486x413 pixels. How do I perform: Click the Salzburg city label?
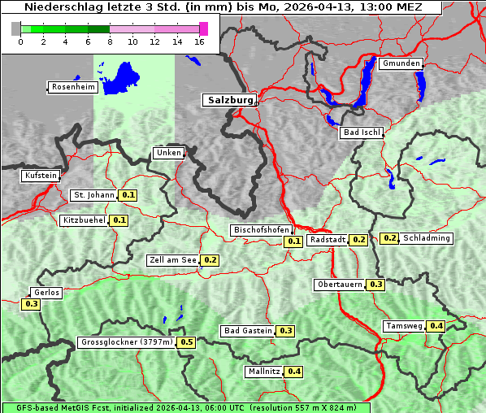tap(228, 100)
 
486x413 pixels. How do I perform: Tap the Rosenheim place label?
tap(71, 87)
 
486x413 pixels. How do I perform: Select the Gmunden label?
tap(401, 63)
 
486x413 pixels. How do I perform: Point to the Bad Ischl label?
tap(360, 133)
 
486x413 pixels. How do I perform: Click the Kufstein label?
tap(41, 176)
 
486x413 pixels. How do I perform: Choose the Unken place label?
tap(167, 153)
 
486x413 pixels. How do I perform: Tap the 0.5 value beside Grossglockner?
tap(187, 342)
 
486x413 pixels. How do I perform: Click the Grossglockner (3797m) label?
tap(126, 342)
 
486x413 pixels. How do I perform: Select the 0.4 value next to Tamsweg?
tap(436, 326)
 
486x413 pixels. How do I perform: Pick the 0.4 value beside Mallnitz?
tap(293, 372)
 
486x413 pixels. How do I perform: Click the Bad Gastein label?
tap(248, 331)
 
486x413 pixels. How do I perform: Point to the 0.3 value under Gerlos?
tap(31, 304)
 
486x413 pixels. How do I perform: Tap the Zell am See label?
tap(172, 260)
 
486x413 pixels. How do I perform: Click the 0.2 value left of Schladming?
tap(389, 238)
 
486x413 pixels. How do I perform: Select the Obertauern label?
tap(340, 285)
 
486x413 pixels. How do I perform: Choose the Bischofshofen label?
tap(261, 230)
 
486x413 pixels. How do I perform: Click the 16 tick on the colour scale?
tap(200, 41)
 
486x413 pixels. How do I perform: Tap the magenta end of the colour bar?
tap(203, 28)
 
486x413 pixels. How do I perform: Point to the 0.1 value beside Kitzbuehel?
tap(119, 220)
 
